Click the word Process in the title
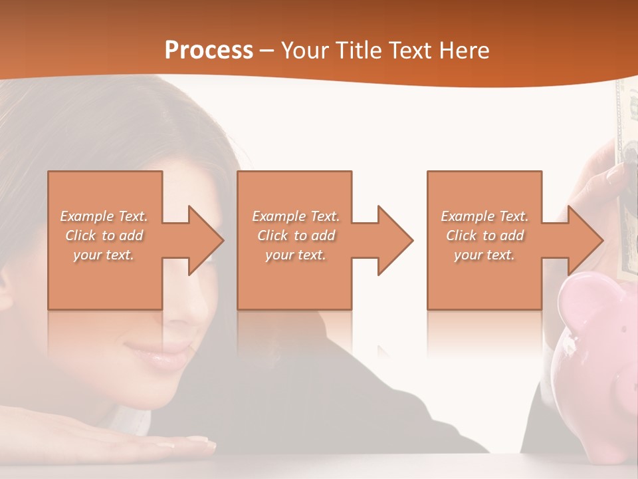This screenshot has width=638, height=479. pos(209,50)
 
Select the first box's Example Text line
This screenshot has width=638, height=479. pos(104,216)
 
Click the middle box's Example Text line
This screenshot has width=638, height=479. pos(296,216)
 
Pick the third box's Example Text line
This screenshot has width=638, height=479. pos(484,216)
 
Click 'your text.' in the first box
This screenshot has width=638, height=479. pos(104,255)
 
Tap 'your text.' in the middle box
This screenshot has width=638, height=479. pos(296,255)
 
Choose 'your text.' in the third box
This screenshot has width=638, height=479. pos(484,255)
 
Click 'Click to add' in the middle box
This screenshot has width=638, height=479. pos(296,236)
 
